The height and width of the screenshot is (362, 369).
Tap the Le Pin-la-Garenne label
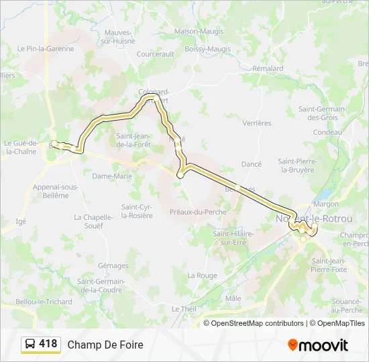46,49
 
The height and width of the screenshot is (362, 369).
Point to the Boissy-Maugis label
207,49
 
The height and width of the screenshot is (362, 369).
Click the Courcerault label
155,54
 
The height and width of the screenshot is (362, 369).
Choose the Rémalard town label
268,68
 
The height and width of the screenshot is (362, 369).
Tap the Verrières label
257,123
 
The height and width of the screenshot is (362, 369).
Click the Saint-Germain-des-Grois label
322,113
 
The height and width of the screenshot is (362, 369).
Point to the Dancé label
251,164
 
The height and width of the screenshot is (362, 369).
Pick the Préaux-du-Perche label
198,212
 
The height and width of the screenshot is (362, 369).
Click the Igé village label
21,221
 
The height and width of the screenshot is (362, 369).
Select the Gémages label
113,265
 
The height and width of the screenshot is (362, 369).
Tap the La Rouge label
202,276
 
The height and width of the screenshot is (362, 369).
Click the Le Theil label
183,309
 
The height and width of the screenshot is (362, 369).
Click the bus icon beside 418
30,345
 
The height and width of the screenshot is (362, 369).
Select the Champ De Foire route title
105,345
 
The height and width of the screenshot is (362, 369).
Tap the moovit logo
318,345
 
